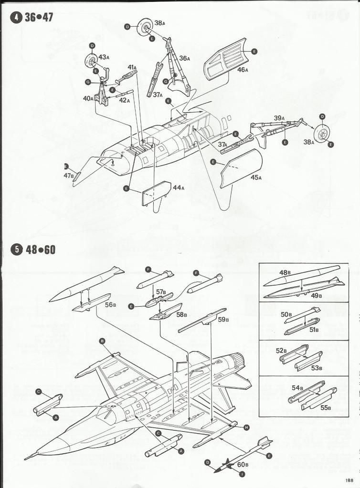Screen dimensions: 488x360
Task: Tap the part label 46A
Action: pos(243,70)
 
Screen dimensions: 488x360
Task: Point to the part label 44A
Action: pos(178,188)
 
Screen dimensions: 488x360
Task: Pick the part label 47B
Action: pos(69,176)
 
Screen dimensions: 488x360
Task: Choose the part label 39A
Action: pos(279,118)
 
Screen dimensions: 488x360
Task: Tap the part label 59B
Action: pos(222,319)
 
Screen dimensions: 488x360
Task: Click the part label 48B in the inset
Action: pos(285,273)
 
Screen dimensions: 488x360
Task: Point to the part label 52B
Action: pos(282,351)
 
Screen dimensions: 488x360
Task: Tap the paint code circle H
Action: pos(246,427)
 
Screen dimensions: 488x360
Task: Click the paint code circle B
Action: pos(102,341)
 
